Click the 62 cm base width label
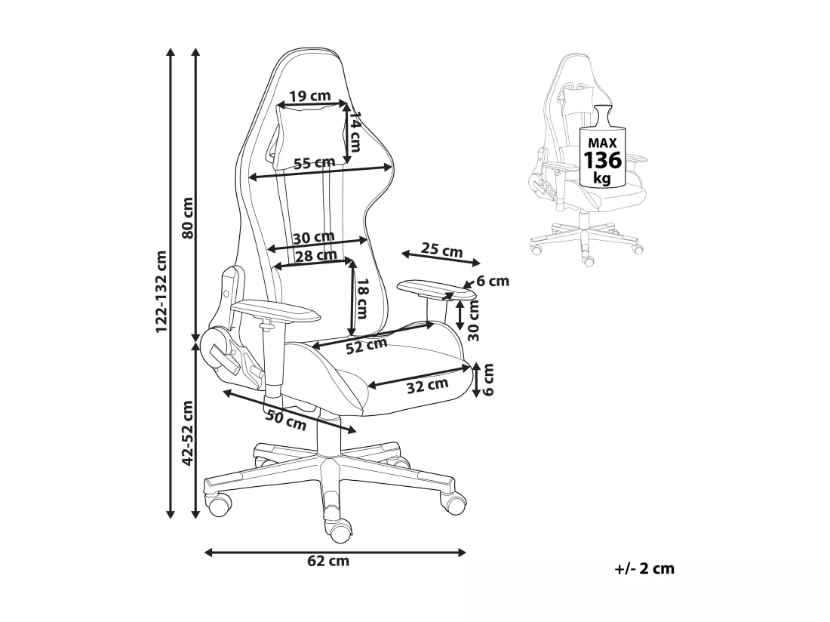click(328, 561)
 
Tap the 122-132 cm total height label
click(161, 291)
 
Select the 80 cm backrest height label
click(187, 218)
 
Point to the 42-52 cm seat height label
click(187, 433)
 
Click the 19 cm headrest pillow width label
click(310, 97)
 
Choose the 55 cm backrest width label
click(315, 163)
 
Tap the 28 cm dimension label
click(316, 256)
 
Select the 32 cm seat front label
click(427, 386)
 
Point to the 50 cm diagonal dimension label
click(286, 420)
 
